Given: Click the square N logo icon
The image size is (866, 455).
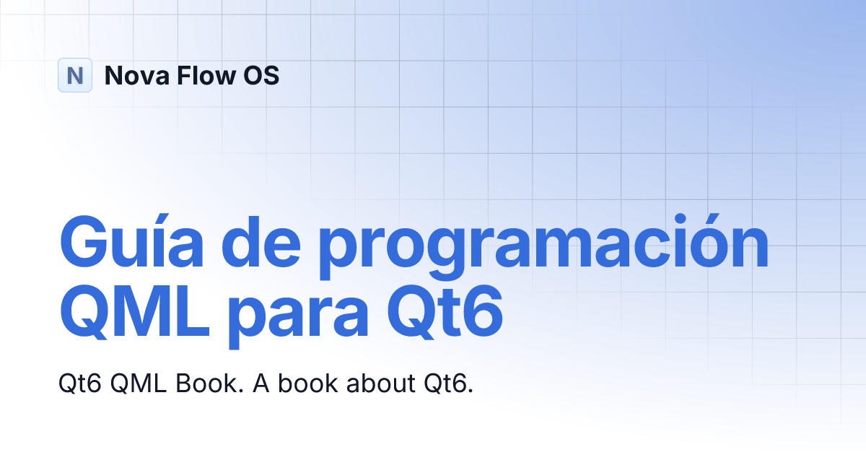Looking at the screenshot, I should pos(75,75).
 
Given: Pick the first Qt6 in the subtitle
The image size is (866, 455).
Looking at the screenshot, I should pos(80,383).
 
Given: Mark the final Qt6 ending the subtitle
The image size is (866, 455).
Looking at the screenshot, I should pos(447,383).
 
